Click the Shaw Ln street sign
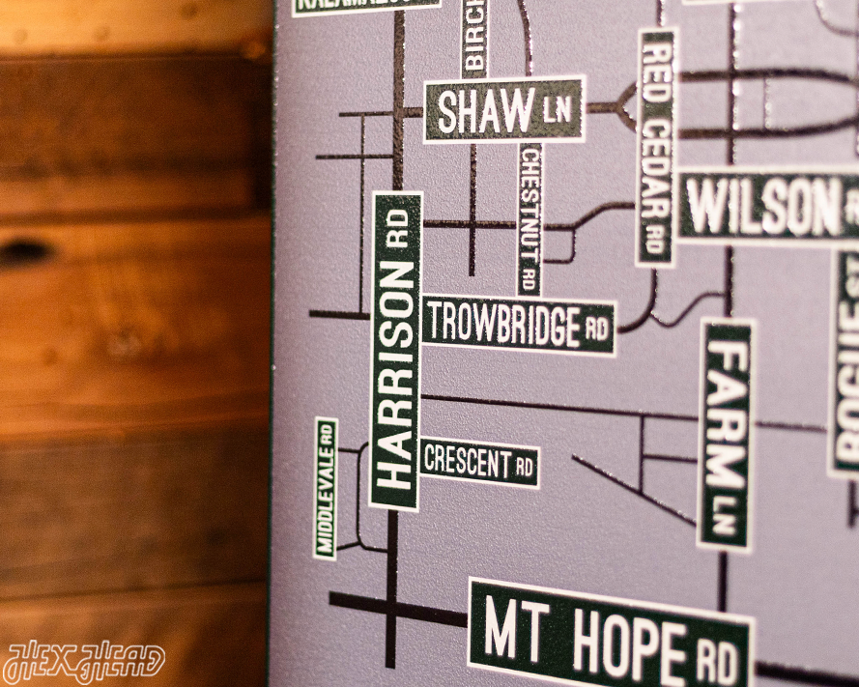503,110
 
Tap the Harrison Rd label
396,350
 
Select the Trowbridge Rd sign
518,325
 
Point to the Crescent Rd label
479,464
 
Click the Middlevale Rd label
326,488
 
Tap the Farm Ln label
725,435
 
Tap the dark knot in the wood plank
23,252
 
